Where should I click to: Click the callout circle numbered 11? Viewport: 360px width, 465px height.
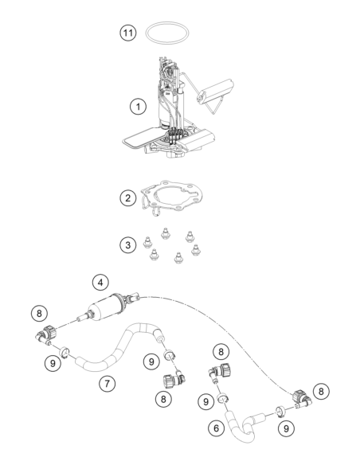[128, 33]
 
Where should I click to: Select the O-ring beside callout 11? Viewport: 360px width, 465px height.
[167, 23]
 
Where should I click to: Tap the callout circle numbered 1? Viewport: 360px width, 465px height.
[139, 106]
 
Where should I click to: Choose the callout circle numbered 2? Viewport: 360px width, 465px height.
[128, 197]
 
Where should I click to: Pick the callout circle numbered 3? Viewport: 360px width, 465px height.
[128, 245]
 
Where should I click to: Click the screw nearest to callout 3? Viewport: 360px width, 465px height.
[147, 242]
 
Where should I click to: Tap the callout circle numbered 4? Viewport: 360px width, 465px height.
[100, 283]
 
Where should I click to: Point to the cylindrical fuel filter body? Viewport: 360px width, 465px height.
[108, 307]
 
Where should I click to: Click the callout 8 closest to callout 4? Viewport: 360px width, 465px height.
[40, 313]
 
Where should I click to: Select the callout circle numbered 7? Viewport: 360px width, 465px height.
[107, 384]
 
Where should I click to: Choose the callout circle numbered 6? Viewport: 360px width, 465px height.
[217, 428]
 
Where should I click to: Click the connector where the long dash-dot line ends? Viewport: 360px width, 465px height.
[301, 399]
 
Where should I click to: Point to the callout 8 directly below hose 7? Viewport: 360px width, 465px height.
[164, 399]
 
